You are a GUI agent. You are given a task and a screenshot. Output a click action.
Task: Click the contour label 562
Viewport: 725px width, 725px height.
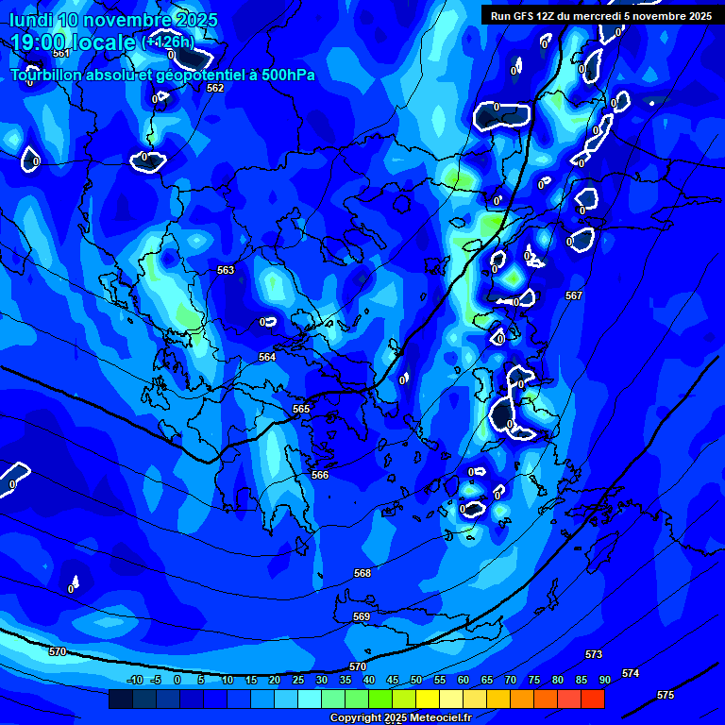click(215, 88)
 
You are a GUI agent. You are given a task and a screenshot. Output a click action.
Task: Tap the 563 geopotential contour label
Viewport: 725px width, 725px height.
click(226, 270)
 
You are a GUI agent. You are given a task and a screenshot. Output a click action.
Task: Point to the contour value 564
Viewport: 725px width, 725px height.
click(267, 357)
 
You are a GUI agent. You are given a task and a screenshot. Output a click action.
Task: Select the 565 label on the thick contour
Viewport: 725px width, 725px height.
click(301, 409)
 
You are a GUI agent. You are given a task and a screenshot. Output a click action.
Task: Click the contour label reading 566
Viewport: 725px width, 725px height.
click(320, 475)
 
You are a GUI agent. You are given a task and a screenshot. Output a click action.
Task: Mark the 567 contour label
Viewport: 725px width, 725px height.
click(574, 295)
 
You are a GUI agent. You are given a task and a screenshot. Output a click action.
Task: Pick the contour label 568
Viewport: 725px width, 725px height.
click(362, 573)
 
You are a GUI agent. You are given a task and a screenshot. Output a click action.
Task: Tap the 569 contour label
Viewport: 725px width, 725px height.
click(362, 616)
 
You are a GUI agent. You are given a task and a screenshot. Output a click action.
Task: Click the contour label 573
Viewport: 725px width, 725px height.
click(594, 654)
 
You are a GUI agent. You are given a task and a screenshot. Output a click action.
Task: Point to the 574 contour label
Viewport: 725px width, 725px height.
click(631, 673)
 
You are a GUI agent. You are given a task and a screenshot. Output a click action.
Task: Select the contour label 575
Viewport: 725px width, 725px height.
click(666, 695)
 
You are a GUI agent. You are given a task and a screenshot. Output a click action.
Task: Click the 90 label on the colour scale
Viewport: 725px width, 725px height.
click(605, 680)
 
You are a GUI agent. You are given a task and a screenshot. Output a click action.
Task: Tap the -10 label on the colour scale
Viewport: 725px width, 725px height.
click(134, 680)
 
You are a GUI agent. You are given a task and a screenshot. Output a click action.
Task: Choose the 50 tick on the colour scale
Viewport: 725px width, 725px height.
click(416, 680)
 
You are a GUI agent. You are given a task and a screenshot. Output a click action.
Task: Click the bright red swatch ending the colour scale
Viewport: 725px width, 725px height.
click(593, 699)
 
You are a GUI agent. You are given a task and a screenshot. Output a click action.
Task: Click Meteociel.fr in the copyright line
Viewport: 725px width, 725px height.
click(438, 718)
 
